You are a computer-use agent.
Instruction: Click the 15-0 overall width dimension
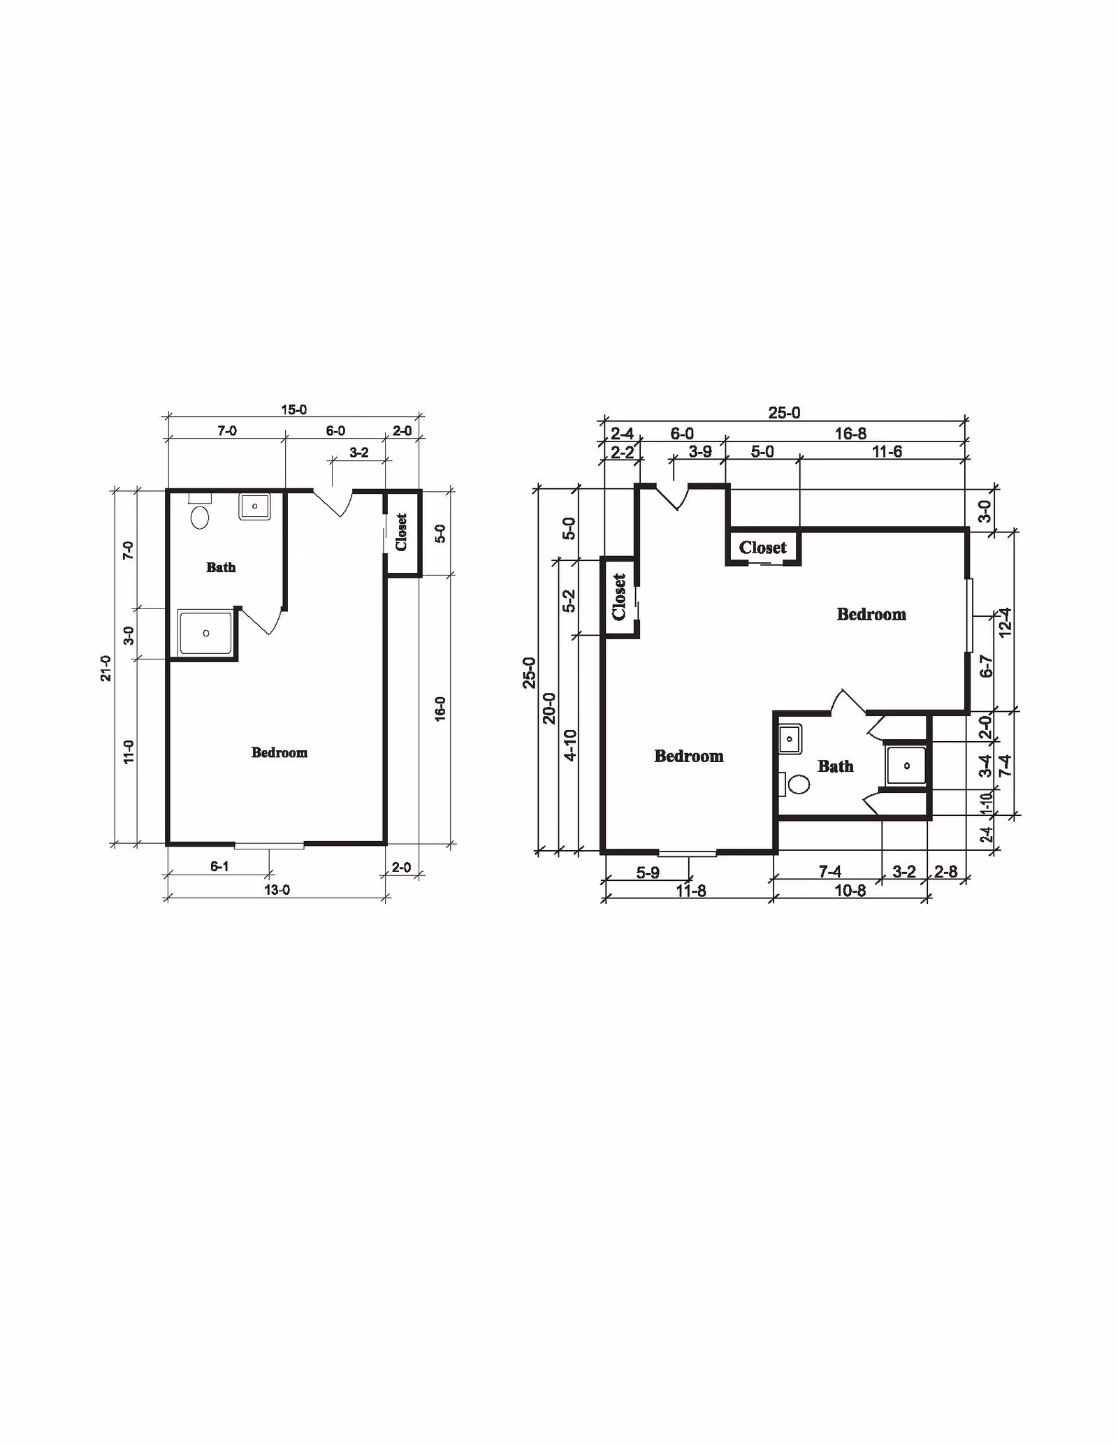pyautogui.click(x=294, y=410)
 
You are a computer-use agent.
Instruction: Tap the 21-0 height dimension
pyautogui.click(x=106, y=668)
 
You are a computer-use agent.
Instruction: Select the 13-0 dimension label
pyautogui.click(x=277, y=890)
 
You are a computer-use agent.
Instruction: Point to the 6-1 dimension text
pyautogui.click(x=219, y=867)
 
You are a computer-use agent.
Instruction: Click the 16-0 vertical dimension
pyautogui.click(x=440, y=709)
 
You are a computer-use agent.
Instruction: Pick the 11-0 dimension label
pyautogui.click(x=129, y=752)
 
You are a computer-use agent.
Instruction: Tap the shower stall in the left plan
pyautogui.click(x=205, y=633)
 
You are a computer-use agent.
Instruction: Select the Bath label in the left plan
pyautogui.click(x=221, y=567)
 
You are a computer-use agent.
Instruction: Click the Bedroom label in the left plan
pyautogui.click(x=279, y=752)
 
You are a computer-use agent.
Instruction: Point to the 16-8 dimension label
pyautogui.click(x=850, y=434)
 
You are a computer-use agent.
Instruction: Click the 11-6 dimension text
pyautogui.click(x=887, y=452)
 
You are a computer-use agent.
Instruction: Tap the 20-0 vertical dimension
pyautogui.click(x=549, y=708)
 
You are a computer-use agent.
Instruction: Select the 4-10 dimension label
pyautogui.click(x=570, y=745)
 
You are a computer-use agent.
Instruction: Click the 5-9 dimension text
pyautogui.click(x=648, y=873)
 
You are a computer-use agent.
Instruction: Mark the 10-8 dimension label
pyautogui.click(x=850, y=891)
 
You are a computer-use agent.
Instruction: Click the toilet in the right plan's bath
pyautogui.click(x=795, y=784)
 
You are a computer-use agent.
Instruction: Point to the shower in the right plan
pyautogui.click(x=906, y=766)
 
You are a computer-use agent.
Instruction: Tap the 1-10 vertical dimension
pyautogui.click(x=986, y=803)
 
